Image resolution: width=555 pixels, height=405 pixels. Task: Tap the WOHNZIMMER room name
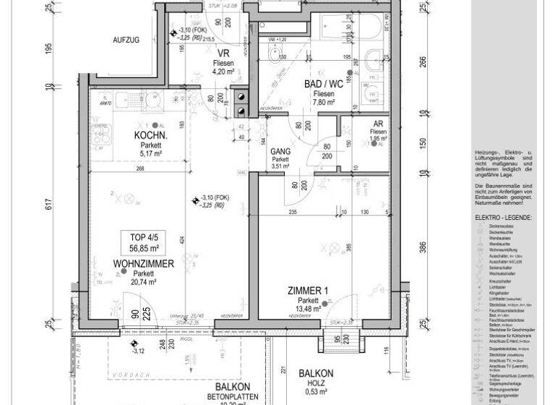[x=142, y=265]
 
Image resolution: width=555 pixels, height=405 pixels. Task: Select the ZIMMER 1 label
[x=308, y=291]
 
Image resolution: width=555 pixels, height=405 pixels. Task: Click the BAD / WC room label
[x=319, y=85]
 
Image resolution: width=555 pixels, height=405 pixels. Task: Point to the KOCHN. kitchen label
[x=151, y=135]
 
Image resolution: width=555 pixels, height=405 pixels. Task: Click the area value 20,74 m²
[x=142, y=283]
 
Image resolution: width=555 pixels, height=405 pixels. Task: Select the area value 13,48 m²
[x=309, y=310]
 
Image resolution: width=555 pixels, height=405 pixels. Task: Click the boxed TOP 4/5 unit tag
[x=142, y=241]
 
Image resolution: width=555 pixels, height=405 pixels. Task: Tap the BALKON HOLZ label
[x=316, y=374]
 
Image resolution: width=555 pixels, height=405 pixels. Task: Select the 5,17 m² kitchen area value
[x=151, y=153]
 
